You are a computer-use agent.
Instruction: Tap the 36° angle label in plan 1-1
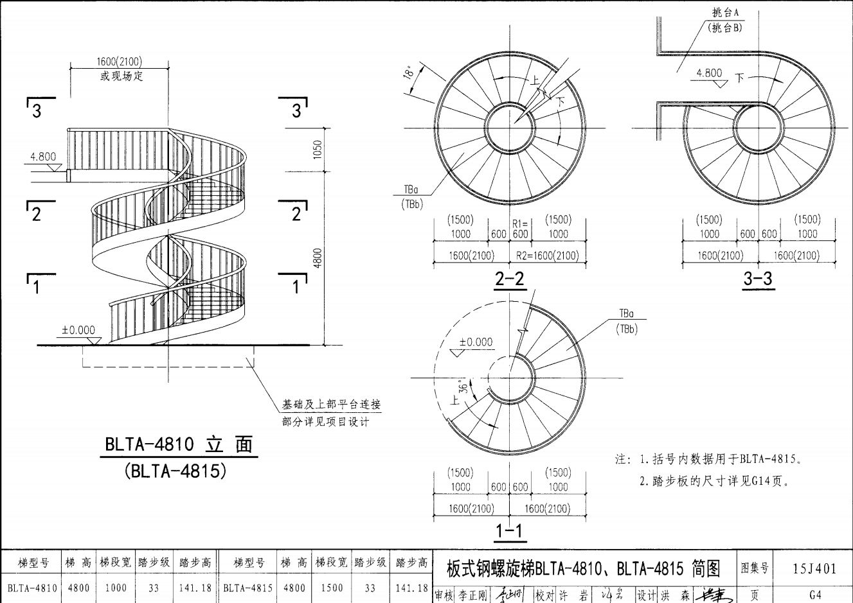click(460, 387)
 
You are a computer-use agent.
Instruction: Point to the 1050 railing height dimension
click(318, 150)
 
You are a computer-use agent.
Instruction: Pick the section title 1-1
click(509, 532)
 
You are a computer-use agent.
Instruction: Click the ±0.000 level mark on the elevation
click(78, 330)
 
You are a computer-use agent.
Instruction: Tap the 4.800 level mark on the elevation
click(43, 157)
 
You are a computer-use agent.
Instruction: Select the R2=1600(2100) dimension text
click(548, 256)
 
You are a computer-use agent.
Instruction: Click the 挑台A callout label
click(725, 13)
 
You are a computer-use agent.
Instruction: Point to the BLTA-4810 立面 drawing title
click(179, 444)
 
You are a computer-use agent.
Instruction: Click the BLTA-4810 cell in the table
click(32, 588)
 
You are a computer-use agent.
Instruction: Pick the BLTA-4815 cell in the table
click(247, 588)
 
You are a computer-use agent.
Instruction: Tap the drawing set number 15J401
click(814, 568)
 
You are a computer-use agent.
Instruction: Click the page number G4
click(814, 595)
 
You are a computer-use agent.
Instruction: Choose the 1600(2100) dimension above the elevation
click(119, 62)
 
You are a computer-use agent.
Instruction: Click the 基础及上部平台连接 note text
click(332, 405)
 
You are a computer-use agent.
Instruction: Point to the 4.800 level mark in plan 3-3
click(709, 73)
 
